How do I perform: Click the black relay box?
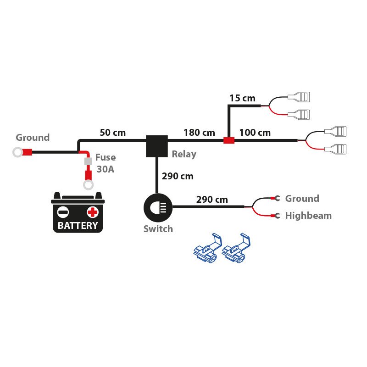coord(156,145)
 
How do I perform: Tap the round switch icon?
coord(157,207)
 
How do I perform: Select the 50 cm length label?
coord(112,133)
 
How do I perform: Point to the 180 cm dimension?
coord(199,133)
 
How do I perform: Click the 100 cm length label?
coord(255,133)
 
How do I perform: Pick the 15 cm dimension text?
coord(242,98)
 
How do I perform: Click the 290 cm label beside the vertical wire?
coord(178,176)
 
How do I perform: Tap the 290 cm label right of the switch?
coord(212,200)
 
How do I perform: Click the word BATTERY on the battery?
coord(78,226)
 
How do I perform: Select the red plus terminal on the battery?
coord(93,212)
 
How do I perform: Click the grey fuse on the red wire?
coord(87,162)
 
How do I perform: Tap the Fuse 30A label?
coord(106,163)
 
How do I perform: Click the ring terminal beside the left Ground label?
coord(18,152)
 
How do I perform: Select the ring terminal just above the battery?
coord(88,185)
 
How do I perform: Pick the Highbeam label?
coord(308,216)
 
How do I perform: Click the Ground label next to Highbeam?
coord(302,199)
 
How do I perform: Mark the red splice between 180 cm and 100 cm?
coord(228,140)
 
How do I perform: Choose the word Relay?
coord(184,154)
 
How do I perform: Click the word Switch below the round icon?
coord(158,229)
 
